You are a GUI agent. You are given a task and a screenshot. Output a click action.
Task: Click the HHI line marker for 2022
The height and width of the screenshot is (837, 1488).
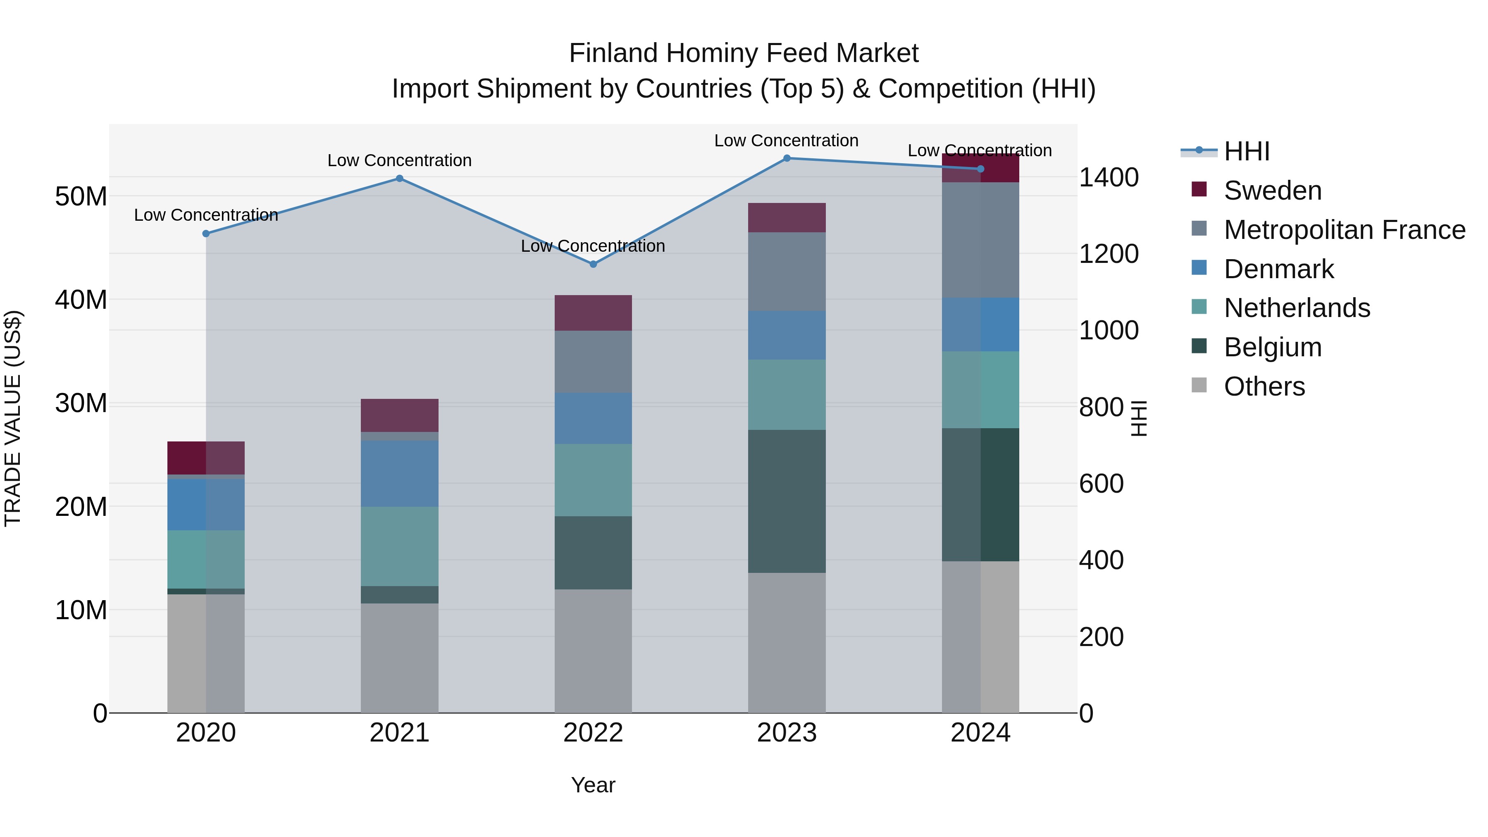tap(593, 264)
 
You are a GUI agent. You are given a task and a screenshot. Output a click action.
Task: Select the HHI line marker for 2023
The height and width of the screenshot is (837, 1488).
tap(787, 158)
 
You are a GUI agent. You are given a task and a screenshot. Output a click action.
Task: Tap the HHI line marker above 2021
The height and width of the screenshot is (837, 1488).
tap(399, 179)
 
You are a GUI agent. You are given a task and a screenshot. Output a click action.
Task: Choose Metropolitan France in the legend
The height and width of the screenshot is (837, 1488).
tap(1344, 230)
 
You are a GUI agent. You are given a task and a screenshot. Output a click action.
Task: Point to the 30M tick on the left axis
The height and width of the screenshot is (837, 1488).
tap(81, 403)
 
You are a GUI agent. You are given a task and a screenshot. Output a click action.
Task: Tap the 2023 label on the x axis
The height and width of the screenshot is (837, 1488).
tap(787, 733)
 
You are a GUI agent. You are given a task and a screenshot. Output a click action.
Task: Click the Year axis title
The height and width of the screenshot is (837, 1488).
tap(593, 785)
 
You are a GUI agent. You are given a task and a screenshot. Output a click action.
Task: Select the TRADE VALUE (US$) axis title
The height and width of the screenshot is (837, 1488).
tap(13, 418)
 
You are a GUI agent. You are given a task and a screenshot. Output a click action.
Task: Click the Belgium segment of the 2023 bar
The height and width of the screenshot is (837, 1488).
tap(787, 501)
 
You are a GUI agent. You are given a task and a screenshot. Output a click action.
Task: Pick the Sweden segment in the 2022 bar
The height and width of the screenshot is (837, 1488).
tap(593, 312)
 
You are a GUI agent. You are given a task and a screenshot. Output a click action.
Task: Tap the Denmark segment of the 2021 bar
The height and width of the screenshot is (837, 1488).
tap(399, 474)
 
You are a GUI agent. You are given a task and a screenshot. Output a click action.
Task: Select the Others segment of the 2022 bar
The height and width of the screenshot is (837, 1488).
tap(593, 651)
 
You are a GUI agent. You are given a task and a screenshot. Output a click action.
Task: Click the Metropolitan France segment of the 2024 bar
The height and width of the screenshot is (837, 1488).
tap(980, 240)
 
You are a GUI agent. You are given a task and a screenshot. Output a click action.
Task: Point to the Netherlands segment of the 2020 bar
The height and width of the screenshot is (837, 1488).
tap(206, 559)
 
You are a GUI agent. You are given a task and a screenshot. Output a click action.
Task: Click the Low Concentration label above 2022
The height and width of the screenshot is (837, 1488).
tap(593, 246)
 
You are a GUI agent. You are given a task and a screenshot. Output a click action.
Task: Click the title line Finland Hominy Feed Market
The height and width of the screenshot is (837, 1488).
tap(744, 53)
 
